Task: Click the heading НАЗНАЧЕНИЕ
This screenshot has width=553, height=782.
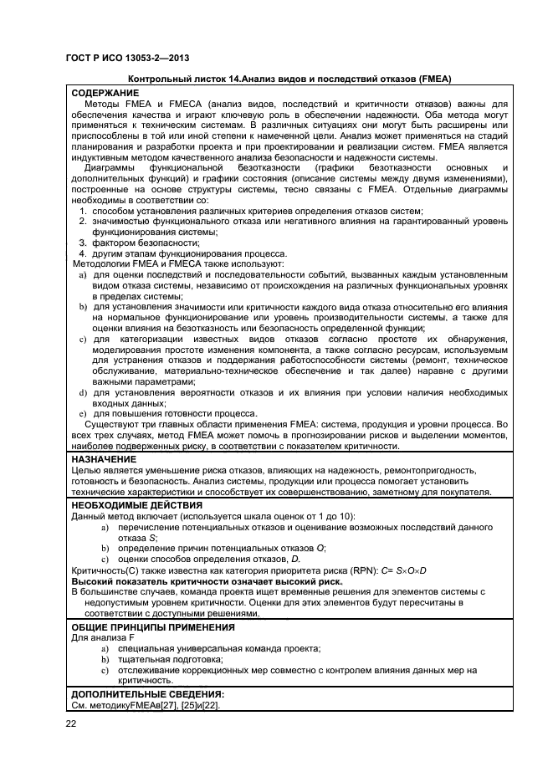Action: click(105, 459)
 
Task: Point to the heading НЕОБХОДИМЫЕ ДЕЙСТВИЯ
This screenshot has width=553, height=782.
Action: click(136, 505)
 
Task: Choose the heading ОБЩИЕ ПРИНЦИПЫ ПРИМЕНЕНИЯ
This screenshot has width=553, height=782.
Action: click(153, 626)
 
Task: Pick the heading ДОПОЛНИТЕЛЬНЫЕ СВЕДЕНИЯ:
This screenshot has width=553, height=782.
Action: click(148, 694)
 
